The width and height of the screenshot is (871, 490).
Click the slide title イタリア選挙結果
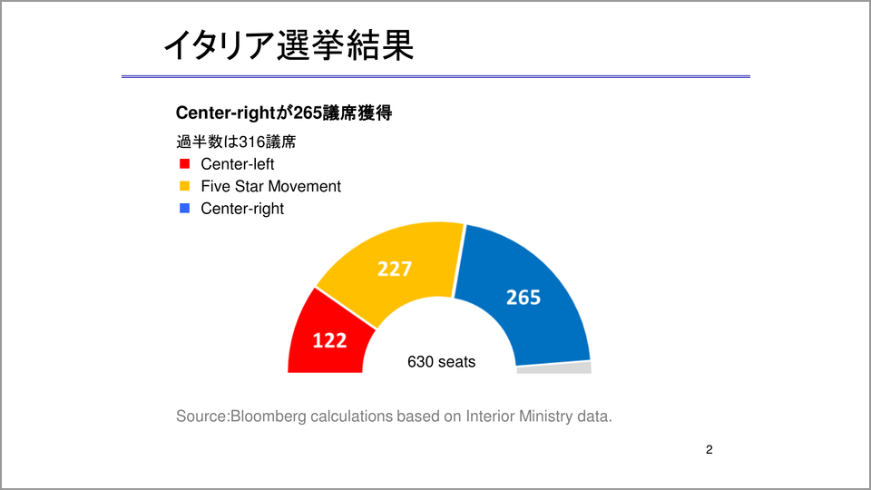pyautogui.click(x=289, y=45)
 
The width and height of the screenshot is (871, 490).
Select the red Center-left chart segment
pyautogui.click(x=328, y=338)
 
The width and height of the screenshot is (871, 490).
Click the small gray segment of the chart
pyautogui.click(x=553, y=367)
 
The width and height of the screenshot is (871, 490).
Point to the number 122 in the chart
pyautogui.click(x=329, y=340)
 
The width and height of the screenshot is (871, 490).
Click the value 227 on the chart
pyautogui.click(x=395, y=269)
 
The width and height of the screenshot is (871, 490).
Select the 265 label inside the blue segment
pyautogui.click(x=524, y=298)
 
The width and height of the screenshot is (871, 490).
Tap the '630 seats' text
pyautogui.click(x=442, y=362)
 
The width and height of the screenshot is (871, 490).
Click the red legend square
pyautogui.click(x=185, y=164)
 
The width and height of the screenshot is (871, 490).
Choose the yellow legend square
pyautogui.click(x=185, y=186)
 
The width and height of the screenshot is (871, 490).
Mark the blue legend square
pyautogui.click(x=185, y=209)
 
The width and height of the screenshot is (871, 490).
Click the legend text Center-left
pyautogui.click(x=237, y=164)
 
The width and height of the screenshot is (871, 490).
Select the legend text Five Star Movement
pyautogui.click(x=270, y=186)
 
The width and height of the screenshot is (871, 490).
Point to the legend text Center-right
pyautogui.click(x=242, y=209)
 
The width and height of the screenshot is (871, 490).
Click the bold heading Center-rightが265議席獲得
pyautogui.click(x=284, y=113)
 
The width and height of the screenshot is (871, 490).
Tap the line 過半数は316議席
pyautogui.click(x=236, y=142)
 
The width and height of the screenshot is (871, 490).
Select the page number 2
pyautogui.click(x=710, y=449)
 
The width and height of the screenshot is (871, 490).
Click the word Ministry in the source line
pyautogui.click(x=545, y=416)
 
